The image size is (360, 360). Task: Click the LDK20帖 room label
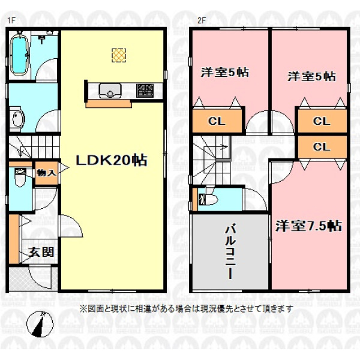pos(112,160)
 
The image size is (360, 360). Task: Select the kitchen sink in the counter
pos(110,91)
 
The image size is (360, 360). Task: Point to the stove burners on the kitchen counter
pos(145,91)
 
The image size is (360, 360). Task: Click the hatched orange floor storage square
pos(119,55)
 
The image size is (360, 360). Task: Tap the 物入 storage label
pos(46,173)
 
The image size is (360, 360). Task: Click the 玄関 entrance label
pos(41,253)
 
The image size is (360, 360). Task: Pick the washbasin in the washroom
pos(17,118)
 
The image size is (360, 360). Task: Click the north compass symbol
pos(40,325)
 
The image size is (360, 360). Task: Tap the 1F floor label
pos(11,20)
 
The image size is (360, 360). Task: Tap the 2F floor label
pos(202,20)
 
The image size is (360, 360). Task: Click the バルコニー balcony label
pos(230,252)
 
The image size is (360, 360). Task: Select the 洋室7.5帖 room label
pos(308,226)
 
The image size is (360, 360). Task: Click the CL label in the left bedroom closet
pos(217,121)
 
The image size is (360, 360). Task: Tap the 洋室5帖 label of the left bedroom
pos(224,72)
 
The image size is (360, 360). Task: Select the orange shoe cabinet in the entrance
pos(14,239)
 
